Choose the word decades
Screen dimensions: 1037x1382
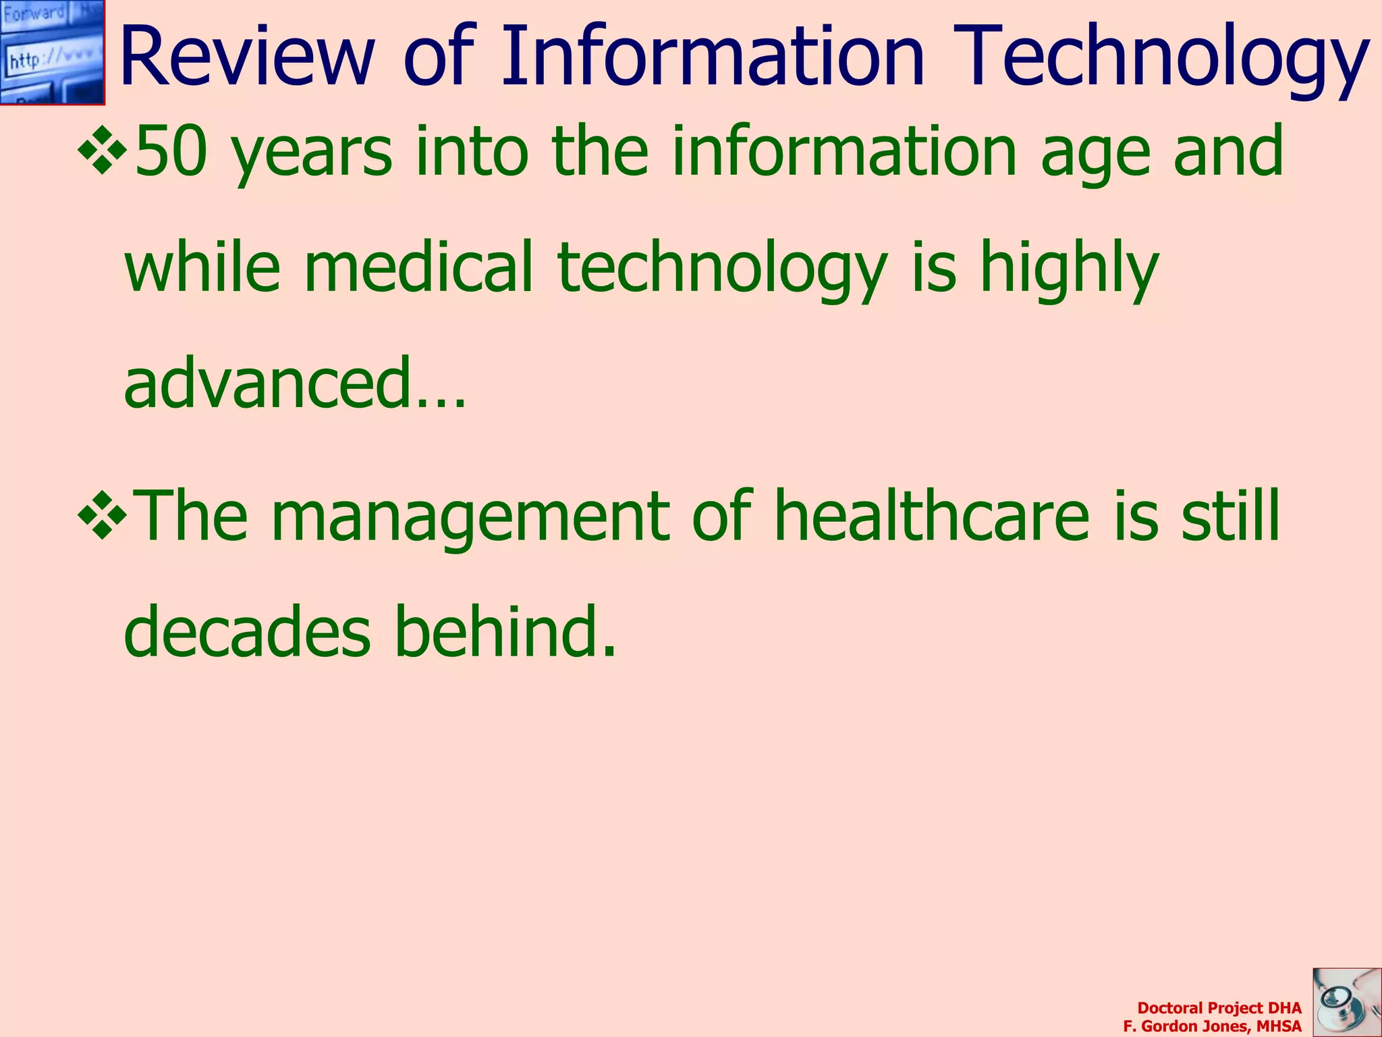click(247, 631)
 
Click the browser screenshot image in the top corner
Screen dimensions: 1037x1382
click(52, 52)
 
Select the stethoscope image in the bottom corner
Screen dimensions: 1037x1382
click(1347, 1002)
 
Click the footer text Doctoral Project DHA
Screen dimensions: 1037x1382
click(1219, 1008)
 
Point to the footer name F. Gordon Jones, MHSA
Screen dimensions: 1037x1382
click(1212, 1026)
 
